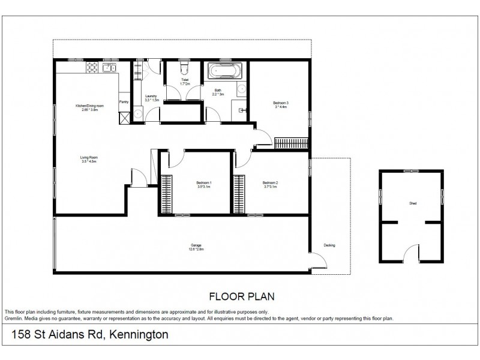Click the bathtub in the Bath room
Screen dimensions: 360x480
point(224,73)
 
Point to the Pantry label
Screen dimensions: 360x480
point(124,101)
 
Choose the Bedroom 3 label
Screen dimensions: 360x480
point(281,103)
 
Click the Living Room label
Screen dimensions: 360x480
point(89,158)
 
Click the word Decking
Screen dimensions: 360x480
point(329,245)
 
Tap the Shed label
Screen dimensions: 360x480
point(412,203)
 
